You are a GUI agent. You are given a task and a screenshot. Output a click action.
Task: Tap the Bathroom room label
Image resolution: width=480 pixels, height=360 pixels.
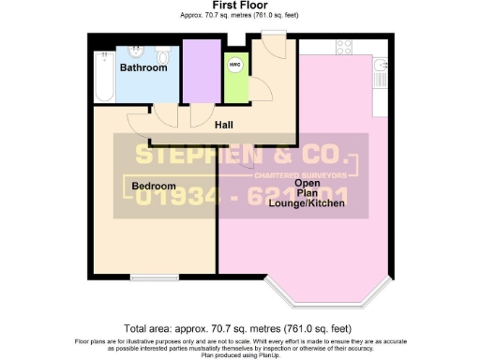(x=143, y=67)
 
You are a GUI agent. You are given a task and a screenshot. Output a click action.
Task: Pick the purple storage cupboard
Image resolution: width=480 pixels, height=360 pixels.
(x=198, y=71)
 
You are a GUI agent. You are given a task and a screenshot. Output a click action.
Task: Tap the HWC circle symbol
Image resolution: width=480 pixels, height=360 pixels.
(x=234, y=66)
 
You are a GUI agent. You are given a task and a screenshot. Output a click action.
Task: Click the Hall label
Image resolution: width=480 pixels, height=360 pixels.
(x=223, y=125)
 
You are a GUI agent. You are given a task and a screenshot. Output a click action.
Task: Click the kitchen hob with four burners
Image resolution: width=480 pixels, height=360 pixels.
(x=343, y=46)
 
